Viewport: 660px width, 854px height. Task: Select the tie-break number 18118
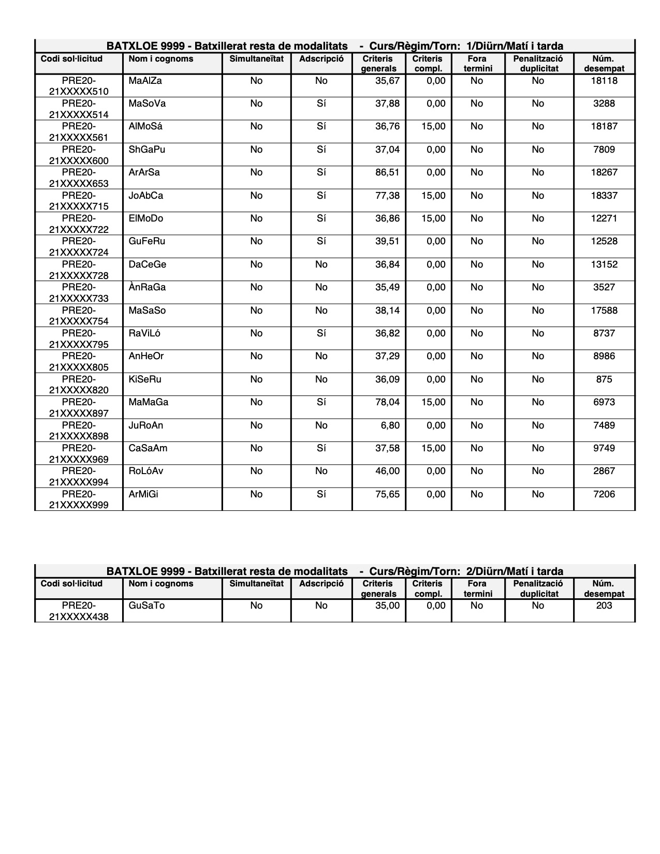tap(604, 81)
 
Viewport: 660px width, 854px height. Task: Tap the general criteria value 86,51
tap(387, 172)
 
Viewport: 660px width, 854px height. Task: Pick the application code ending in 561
tap(79, 132)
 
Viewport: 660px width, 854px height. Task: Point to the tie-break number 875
tap(604, 379)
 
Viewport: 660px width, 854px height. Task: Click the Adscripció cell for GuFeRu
tap(321, 241)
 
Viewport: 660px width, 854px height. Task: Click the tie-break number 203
tap(604, 606)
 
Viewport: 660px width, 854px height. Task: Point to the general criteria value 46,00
tap(387, 471)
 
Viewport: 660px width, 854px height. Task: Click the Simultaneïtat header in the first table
tap(256, 59)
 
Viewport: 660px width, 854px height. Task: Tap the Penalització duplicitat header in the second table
tap(538, 588)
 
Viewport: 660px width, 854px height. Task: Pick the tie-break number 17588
tap(604, 311)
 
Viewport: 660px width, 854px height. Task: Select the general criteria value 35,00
tap(387, 606)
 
